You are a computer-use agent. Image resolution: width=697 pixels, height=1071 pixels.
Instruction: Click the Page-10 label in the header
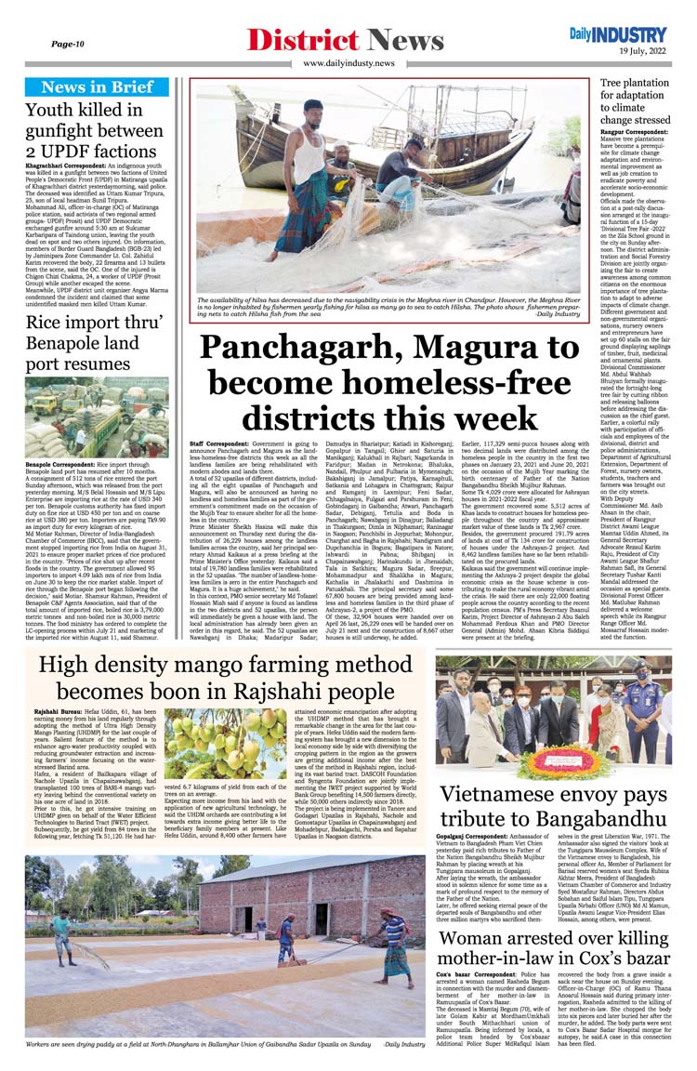click(68, 44)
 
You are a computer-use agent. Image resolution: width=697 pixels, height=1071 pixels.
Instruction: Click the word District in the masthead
click(304, 40)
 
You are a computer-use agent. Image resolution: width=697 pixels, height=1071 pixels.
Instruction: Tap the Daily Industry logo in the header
click(620, 34)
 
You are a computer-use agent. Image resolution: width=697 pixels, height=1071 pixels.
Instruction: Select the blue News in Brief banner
click(98, 87)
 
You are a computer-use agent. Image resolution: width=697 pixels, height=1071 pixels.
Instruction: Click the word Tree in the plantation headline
click(616, 84)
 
